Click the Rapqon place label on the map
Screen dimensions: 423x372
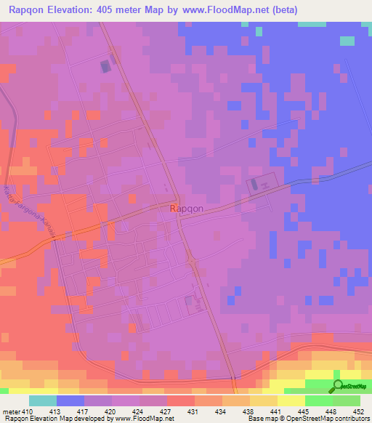(187, 209)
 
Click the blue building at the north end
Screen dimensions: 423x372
(106, 66)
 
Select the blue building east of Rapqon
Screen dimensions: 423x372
(254, 185)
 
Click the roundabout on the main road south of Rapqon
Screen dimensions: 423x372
(192, 262)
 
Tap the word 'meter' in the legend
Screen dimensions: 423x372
(11, 411)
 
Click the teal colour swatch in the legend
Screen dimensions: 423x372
(43, 400)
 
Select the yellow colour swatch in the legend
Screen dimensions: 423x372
(291, 400)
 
